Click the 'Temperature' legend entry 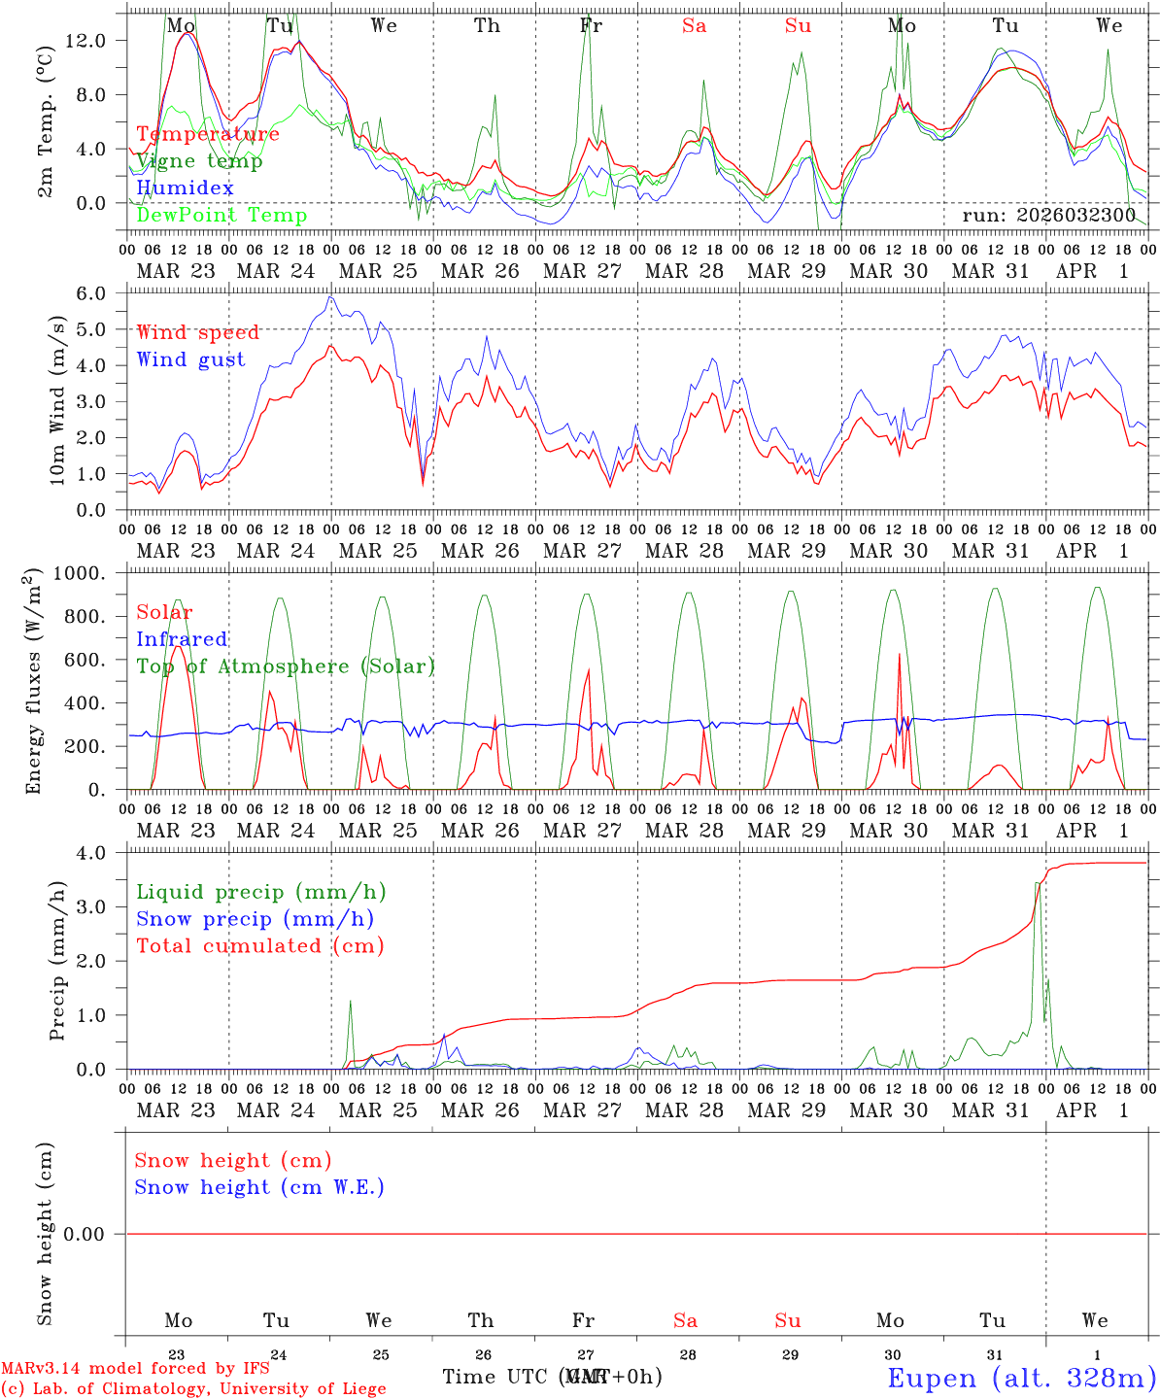pyautogui.click(x=208, y=134)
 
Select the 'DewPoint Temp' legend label pyautogui.click(x=222, y=216)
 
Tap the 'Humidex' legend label pyautogui.click(x=186, y=188)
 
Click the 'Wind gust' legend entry pyautogui.click(x=191, y=359)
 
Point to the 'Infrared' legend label pyautogui.click(x=182, y=639)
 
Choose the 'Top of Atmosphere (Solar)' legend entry pyautogui.click(x=286, y=666)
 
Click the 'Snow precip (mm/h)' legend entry pyautogui.click(x=255, y=919)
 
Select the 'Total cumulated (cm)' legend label pyautogui.click(x=260, y=946)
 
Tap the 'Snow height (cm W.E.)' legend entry pyautogui.click(x=259, y=1187)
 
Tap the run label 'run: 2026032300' pyautogui.click(x=1048, y=216)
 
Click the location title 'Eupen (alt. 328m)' pyautogui.click(x=1021, y=1378)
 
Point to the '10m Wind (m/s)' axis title pyautogui.click(x=57, y=400)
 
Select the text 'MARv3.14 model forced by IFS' pyautogui.click(x=135, y=1369)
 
